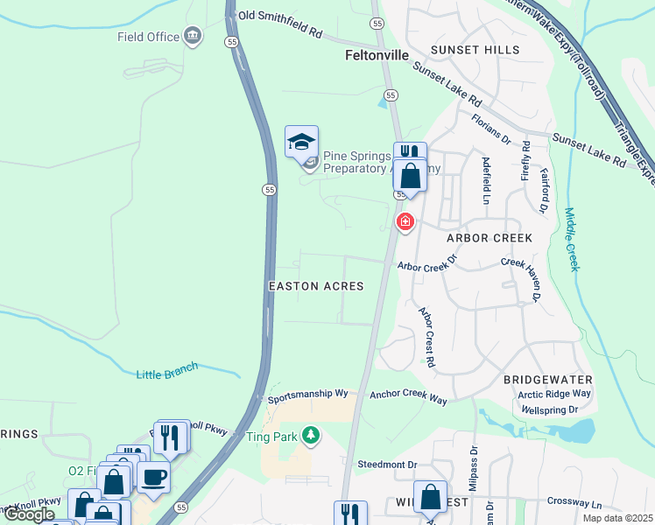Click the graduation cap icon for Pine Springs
click(301, 142)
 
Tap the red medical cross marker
click(405, 222)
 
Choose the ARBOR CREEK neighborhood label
click(489, 238)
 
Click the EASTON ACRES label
click(315, 286)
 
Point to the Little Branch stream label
click(167, 371)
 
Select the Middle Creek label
click(571, 239)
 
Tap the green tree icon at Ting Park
click(309, 435)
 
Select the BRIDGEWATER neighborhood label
click(548, 380)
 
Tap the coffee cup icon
click(154, 478)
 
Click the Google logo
click(29, 514)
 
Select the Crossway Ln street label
click(574, 504)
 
